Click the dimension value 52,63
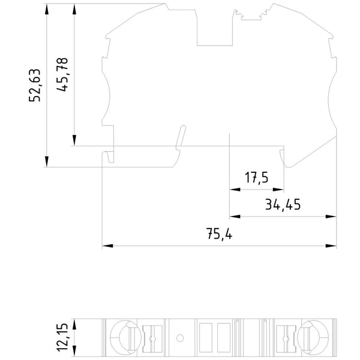[x=35, y=85]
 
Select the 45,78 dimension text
[x=62, y=74]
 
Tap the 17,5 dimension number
[x=256, y=178]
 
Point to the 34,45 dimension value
[x=283, y=205]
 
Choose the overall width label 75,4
[x=219, y=234]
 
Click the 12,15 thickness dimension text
[x=62, y=337]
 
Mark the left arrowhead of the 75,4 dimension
[x=107, y=246]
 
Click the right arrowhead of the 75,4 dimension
[x=331, y=246]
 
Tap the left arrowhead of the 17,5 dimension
[x=235, y=190]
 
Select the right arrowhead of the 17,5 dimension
[x=278, y=190]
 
